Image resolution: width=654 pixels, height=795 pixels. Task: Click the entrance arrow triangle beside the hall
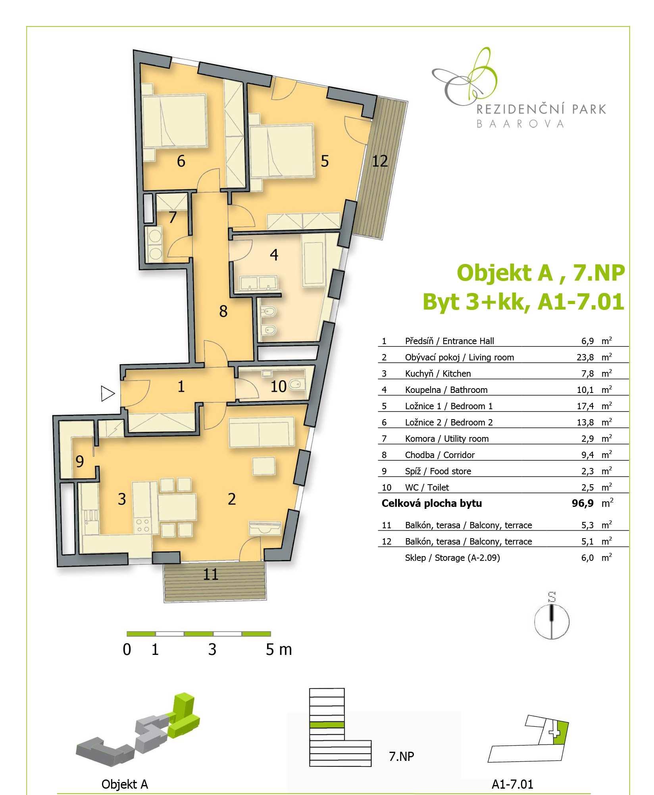pos(108,394)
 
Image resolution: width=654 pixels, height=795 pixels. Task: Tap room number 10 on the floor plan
pos(278,387)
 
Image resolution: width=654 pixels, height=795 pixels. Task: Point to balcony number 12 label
pos(380,161)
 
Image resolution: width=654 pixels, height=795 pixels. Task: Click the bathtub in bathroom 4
pos(314,260)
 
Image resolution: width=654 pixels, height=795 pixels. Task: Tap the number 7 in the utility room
pos(172,218)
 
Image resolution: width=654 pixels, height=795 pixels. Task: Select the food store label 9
pos(80,462)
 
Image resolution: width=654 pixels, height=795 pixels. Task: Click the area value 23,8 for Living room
pos(585,357)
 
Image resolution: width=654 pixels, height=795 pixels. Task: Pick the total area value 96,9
pos(583,503)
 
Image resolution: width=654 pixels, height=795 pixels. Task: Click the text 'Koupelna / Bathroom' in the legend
pos(446,390)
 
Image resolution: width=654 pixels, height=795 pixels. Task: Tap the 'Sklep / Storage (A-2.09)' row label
pos(452,558)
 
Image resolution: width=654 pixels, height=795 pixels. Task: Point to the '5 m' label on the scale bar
pos(279,649)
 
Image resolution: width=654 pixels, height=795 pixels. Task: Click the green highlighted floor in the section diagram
pos(327,724)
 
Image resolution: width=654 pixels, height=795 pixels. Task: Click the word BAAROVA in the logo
pos(520,124)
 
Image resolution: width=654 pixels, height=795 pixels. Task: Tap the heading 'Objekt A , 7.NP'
pos(541,273)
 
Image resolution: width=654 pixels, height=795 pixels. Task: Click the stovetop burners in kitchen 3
pos(142,525)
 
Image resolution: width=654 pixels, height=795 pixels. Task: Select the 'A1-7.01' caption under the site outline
pos(512,784)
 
